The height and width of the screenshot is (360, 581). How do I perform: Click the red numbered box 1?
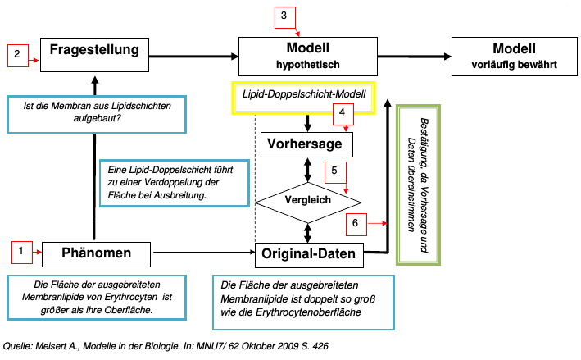point(22,252)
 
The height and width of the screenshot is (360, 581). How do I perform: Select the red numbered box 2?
point(17,55)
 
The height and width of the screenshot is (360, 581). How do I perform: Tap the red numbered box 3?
point(283,16)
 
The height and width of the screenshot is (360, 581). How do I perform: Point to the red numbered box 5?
point(334,173)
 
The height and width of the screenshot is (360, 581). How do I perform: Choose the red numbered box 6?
point(355,223)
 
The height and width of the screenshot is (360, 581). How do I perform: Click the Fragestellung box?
point(94,51)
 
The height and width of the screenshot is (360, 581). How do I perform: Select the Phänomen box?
point(97,253)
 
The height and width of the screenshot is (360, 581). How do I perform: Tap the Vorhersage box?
point(306,145)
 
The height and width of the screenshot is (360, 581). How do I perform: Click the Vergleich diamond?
point(308,199)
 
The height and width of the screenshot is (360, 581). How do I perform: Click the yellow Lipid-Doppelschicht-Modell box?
point(303,96)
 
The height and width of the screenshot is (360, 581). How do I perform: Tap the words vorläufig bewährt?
point(514,64)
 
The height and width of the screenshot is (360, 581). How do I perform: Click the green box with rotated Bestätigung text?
point(419,185)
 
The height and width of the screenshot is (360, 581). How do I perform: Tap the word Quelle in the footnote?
point(19,347)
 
